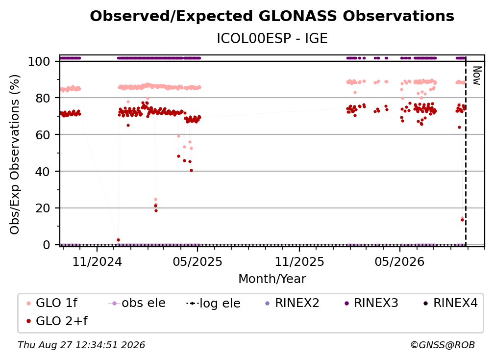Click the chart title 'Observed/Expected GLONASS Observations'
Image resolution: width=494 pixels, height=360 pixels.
pos(272,16)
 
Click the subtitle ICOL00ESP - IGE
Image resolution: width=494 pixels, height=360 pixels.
pos(272,38)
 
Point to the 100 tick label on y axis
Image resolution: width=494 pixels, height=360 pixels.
pos(39,61)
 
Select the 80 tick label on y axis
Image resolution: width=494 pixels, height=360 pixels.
pos(43,98)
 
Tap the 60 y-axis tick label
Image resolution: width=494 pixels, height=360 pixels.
pos(43,134)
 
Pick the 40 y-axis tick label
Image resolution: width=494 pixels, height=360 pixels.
pos(43,172)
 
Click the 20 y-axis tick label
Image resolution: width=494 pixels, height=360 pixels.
pos(43,208)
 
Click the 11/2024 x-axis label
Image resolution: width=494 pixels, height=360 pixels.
pos(97,261)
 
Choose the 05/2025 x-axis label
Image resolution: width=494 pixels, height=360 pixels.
pos(198,261)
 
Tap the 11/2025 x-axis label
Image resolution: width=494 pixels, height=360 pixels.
pos(299,261)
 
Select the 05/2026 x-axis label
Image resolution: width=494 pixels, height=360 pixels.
pos(400,261)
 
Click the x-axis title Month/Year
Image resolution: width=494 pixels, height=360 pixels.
pos(272,279)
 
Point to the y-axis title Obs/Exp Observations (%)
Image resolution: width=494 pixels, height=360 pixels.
pos(15,154)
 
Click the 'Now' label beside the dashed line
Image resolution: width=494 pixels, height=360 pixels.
pos(477,76)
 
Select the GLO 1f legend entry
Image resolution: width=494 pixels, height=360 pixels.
pos(52,303)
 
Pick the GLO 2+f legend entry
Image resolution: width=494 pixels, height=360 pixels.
pos(57,321)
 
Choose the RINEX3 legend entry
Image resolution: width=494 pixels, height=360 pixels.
pos(372,303)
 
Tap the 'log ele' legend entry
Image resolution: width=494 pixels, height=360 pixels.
pos(213,303)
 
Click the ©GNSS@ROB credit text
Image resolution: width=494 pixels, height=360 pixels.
pos(443,345)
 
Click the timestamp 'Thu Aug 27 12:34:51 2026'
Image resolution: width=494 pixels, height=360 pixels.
pos(81,345)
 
